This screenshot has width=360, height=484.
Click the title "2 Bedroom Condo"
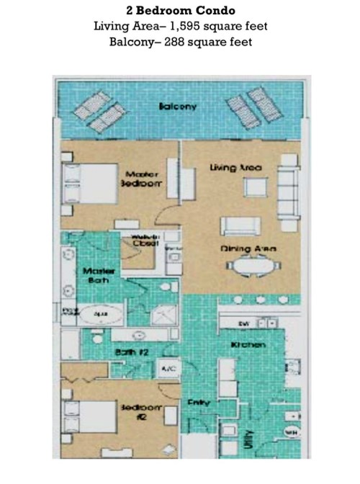pos(180,12)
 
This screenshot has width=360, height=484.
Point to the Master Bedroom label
pos(142,179)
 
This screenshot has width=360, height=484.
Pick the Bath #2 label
pos(131,351)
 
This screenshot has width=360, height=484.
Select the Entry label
pos(199,403)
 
